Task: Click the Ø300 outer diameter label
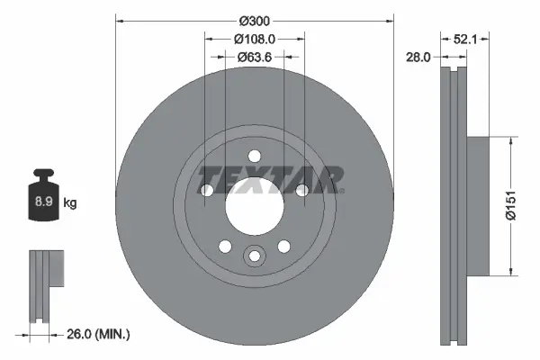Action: coord(254,18)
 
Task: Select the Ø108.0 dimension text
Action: coord(254,39)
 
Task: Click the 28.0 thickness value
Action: coord(418,56)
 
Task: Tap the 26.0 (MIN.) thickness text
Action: coord(99,334)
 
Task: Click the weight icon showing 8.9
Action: coord(42,198)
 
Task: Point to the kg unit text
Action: coord(70,203)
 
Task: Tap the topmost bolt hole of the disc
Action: coord(254,155)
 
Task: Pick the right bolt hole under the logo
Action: coord(301,190)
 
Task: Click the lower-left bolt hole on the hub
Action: coord(224,246)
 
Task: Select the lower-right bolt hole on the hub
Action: coord(283,246)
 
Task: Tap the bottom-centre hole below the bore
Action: coord(254,257)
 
